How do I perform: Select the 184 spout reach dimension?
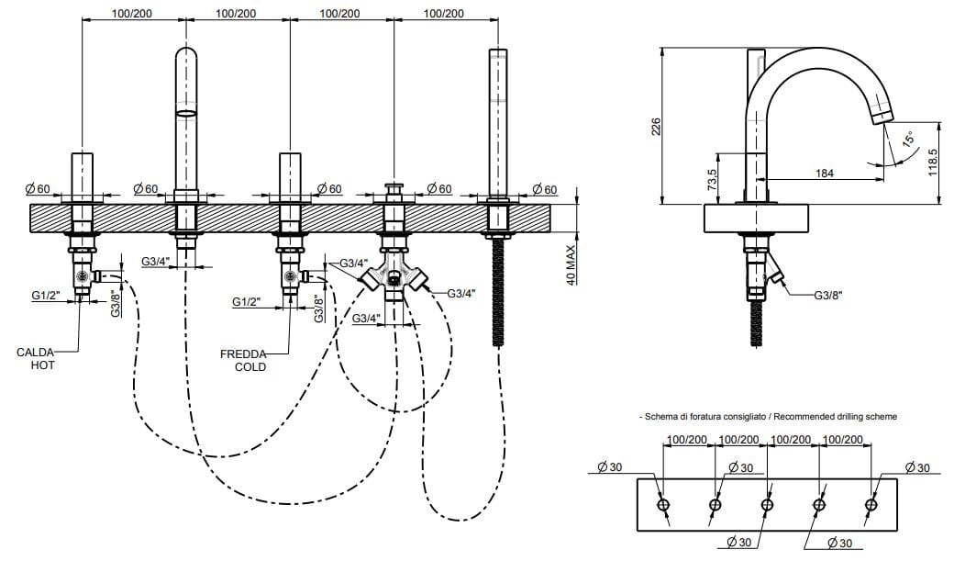click(825, 172)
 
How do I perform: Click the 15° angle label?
click(908, 140)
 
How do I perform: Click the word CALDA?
click(36, 352)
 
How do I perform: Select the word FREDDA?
click(243, 353)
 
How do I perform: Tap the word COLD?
click(250, 366)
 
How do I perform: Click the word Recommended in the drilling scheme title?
click(807, 416)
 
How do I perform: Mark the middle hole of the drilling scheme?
click(767, 504)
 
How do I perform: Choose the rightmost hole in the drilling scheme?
click(871, 504)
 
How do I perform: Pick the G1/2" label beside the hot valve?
click(45, 296)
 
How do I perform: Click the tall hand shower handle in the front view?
click(497, 119)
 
